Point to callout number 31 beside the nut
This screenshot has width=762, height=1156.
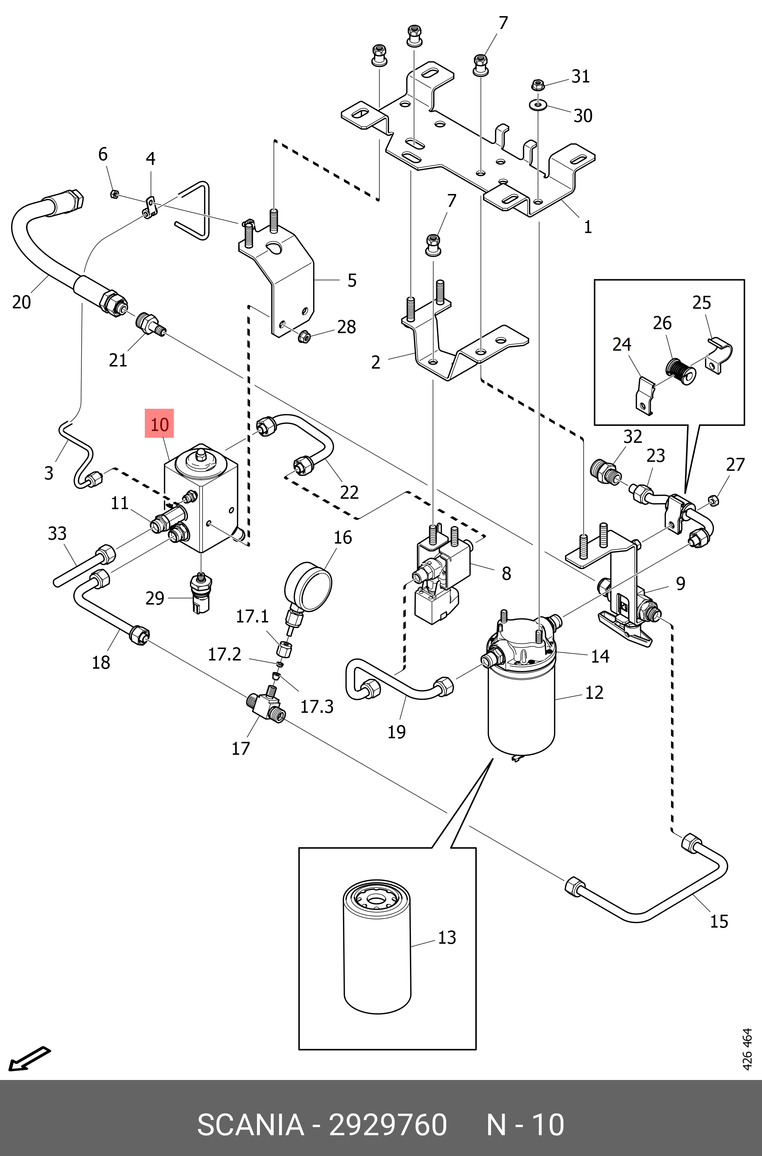coord(581,77)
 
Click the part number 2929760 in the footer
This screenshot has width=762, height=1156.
coord(388,1124)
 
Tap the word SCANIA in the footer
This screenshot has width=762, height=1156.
coord(250,1124)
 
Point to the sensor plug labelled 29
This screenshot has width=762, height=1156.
coord(201,594)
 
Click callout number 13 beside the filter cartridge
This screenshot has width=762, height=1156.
coord(447,937)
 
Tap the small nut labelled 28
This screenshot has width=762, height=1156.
coord(304,336)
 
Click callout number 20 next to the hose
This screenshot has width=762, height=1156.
coord(22,302)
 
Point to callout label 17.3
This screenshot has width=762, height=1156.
coord(317,706)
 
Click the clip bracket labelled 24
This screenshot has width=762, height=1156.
coord(645,395)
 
